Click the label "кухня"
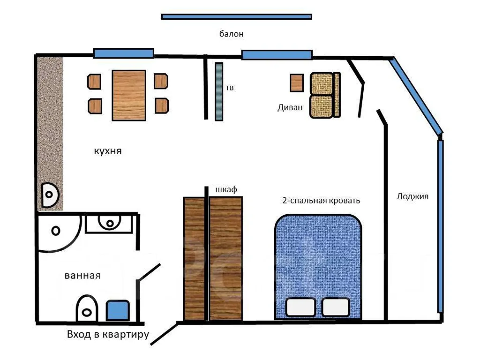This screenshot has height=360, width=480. (108, 151)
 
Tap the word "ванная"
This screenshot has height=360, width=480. (82, 276)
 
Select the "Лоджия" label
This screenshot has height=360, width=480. (412, 196)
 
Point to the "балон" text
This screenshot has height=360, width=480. (232, 34)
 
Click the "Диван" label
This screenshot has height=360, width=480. (290, 107)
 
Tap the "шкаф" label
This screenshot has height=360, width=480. (226, 189)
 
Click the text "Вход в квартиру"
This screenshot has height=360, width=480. (108, 335)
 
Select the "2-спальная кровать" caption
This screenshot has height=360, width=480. (321, 201)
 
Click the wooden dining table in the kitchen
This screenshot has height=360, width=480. (129, 96)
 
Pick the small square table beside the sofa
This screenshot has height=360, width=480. (297, 82)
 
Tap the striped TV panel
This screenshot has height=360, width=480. (219, 92)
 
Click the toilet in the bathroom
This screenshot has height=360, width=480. (87, 308)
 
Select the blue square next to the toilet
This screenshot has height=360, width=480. (118, 310)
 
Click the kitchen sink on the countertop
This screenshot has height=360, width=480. (50, 195)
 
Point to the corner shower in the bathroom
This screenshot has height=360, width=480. (58, 232)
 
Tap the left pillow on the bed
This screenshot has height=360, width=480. (300, 307)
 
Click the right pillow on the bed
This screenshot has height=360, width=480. (336, 307)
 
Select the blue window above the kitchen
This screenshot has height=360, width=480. (124, 53)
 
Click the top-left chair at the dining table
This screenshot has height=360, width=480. (94, 82)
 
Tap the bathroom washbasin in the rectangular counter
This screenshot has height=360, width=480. (109, 223)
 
